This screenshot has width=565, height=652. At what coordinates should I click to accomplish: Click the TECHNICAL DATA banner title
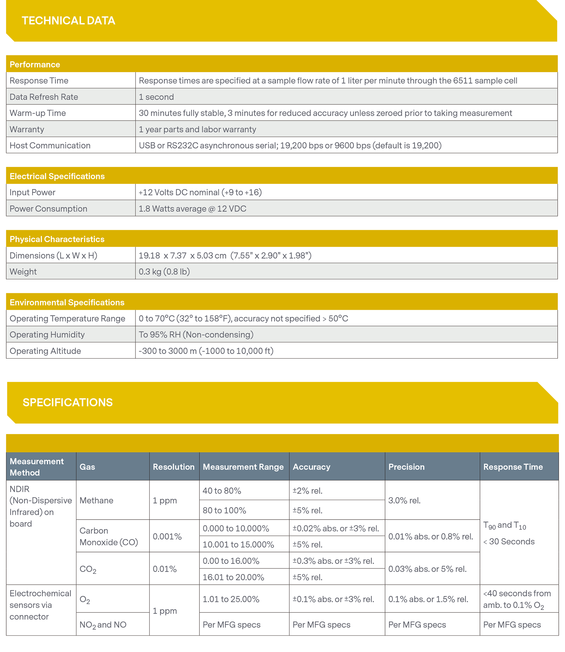click(x=68, y=21)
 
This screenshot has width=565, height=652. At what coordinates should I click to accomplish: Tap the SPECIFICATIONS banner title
click(x=68, y=402)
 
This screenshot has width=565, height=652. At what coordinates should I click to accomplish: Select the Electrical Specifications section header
click(x=57, y=176)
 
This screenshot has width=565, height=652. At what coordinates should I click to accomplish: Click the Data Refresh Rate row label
click(x=44, y=97)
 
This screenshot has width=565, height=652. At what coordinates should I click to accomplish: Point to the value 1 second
click(x=157, y=97)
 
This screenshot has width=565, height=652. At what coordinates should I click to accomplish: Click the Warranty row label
click(x=27, y=129)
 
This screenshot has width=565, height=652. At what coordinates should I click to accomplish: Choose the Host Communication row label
click(x=50, y=145)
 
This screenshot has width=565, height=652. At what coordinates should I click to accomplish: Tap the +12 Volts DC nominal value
click(x=200, y=192)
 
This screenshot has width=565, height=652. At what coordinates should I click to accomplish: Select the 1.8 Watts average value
click(x=192, y=209)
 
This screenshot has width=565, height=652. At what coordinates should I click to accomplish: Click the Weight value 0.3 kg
click(x=164, y=271)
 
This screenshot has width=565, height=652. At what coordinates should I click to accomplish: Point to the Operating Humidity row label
click(x=47, y=334)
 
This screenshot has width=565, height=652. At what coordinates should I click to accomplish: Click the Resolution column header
click(x=174, y=467)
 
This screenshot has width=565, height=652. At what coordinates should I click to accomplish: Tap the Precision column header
click(x=407, y=467)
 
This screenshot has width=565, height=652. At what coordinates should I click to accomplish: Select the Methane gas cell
click(x=96, y=500)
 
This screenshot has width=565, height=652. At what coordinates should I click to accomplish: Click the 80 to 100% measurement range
click(x=224, y=510)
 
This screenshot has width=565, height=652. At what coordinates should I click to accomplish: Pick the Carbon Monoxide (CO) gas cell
click(x=109, y=536)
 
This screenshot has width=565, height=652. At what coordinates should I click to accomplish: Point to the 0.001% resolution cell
click(x=167, y=536)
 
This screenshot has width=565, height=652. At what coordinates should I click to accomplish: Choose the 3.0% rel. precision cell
click(x=405, y=500)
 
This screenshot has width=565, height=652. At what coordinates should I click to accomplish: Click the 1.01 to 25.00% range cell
click(x=231, y=599)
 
